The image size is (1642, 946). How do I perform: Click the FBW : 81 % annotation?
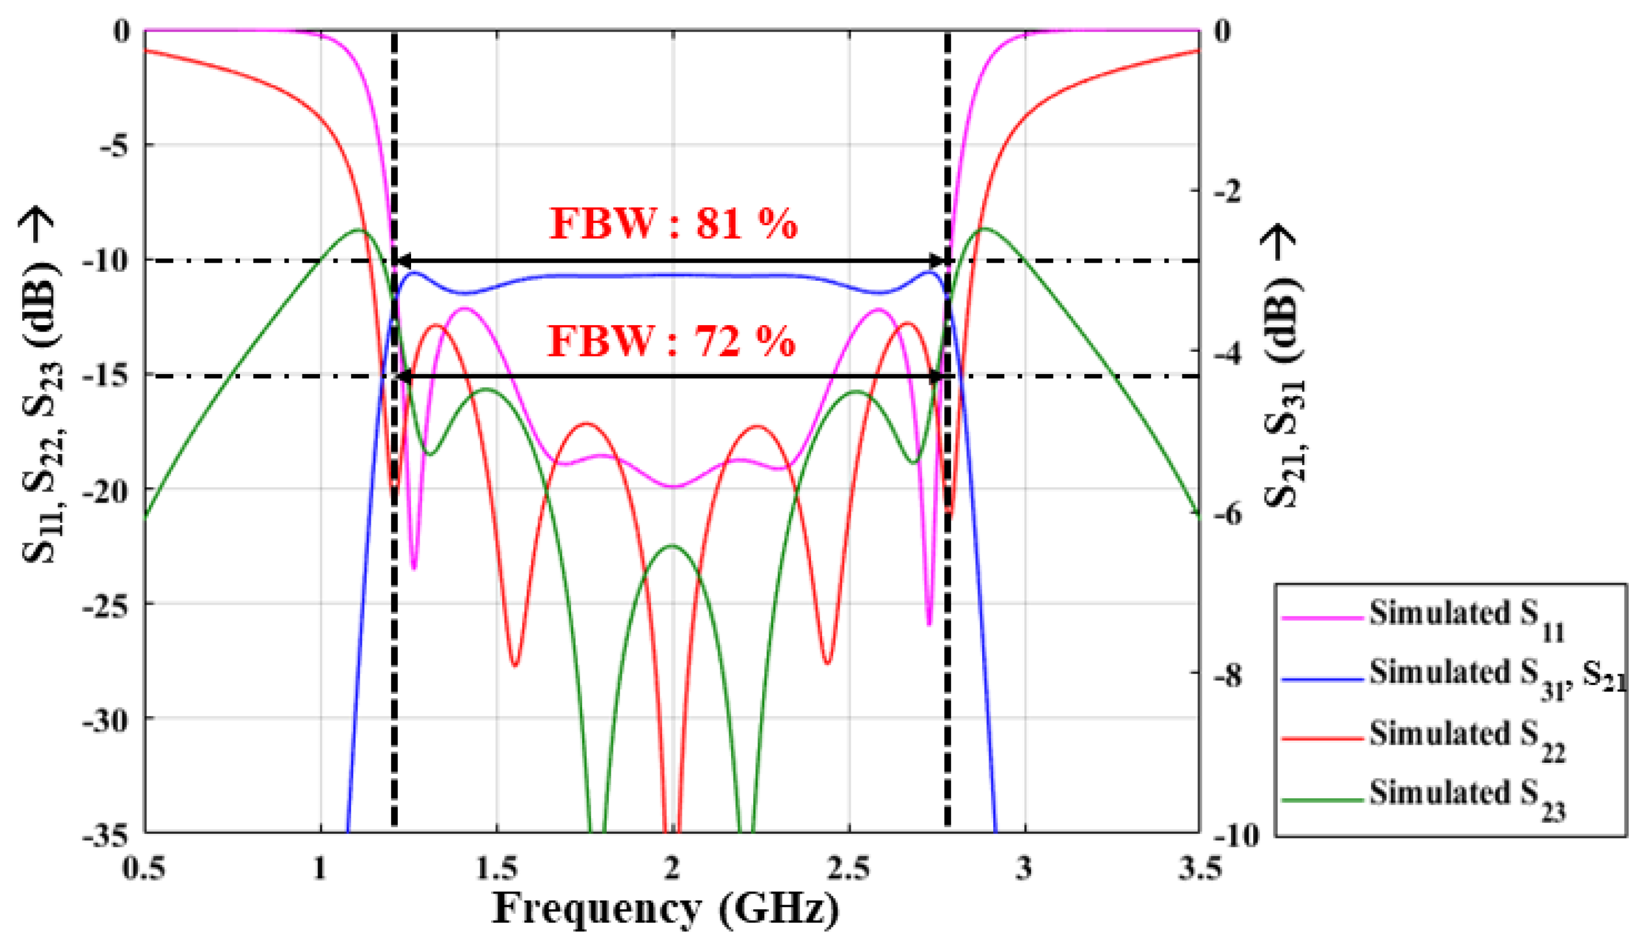coord(673,224)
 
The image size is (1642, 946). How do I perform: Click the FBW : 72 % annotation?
coord(672,340)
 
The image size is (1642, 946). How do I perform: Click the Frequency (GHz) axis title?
coord(665,908)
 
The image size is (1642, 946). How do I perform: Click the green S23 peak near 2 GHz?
coord(673,546)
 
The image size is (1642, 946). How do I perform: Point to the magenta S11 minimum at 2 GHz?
coord(673,487)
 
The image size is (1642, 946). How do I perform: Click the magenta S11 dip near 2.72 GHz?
coord(929,624)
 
